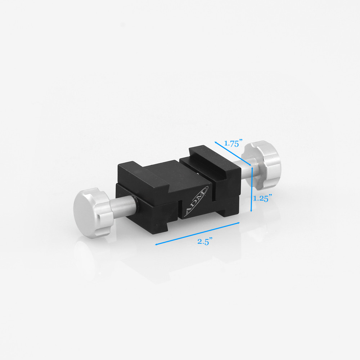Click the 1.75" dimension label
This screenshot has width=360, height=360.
coord(232,143)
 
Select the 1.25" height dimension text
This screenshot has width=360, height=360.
coord(262,198)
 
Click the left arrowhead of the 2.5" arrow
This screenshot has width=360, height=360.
coord(156,244)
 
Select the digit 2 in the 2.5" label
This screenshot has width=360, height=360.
coord(199,242)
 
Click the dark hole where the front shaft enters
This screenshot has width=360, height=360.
coord(138,201)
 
